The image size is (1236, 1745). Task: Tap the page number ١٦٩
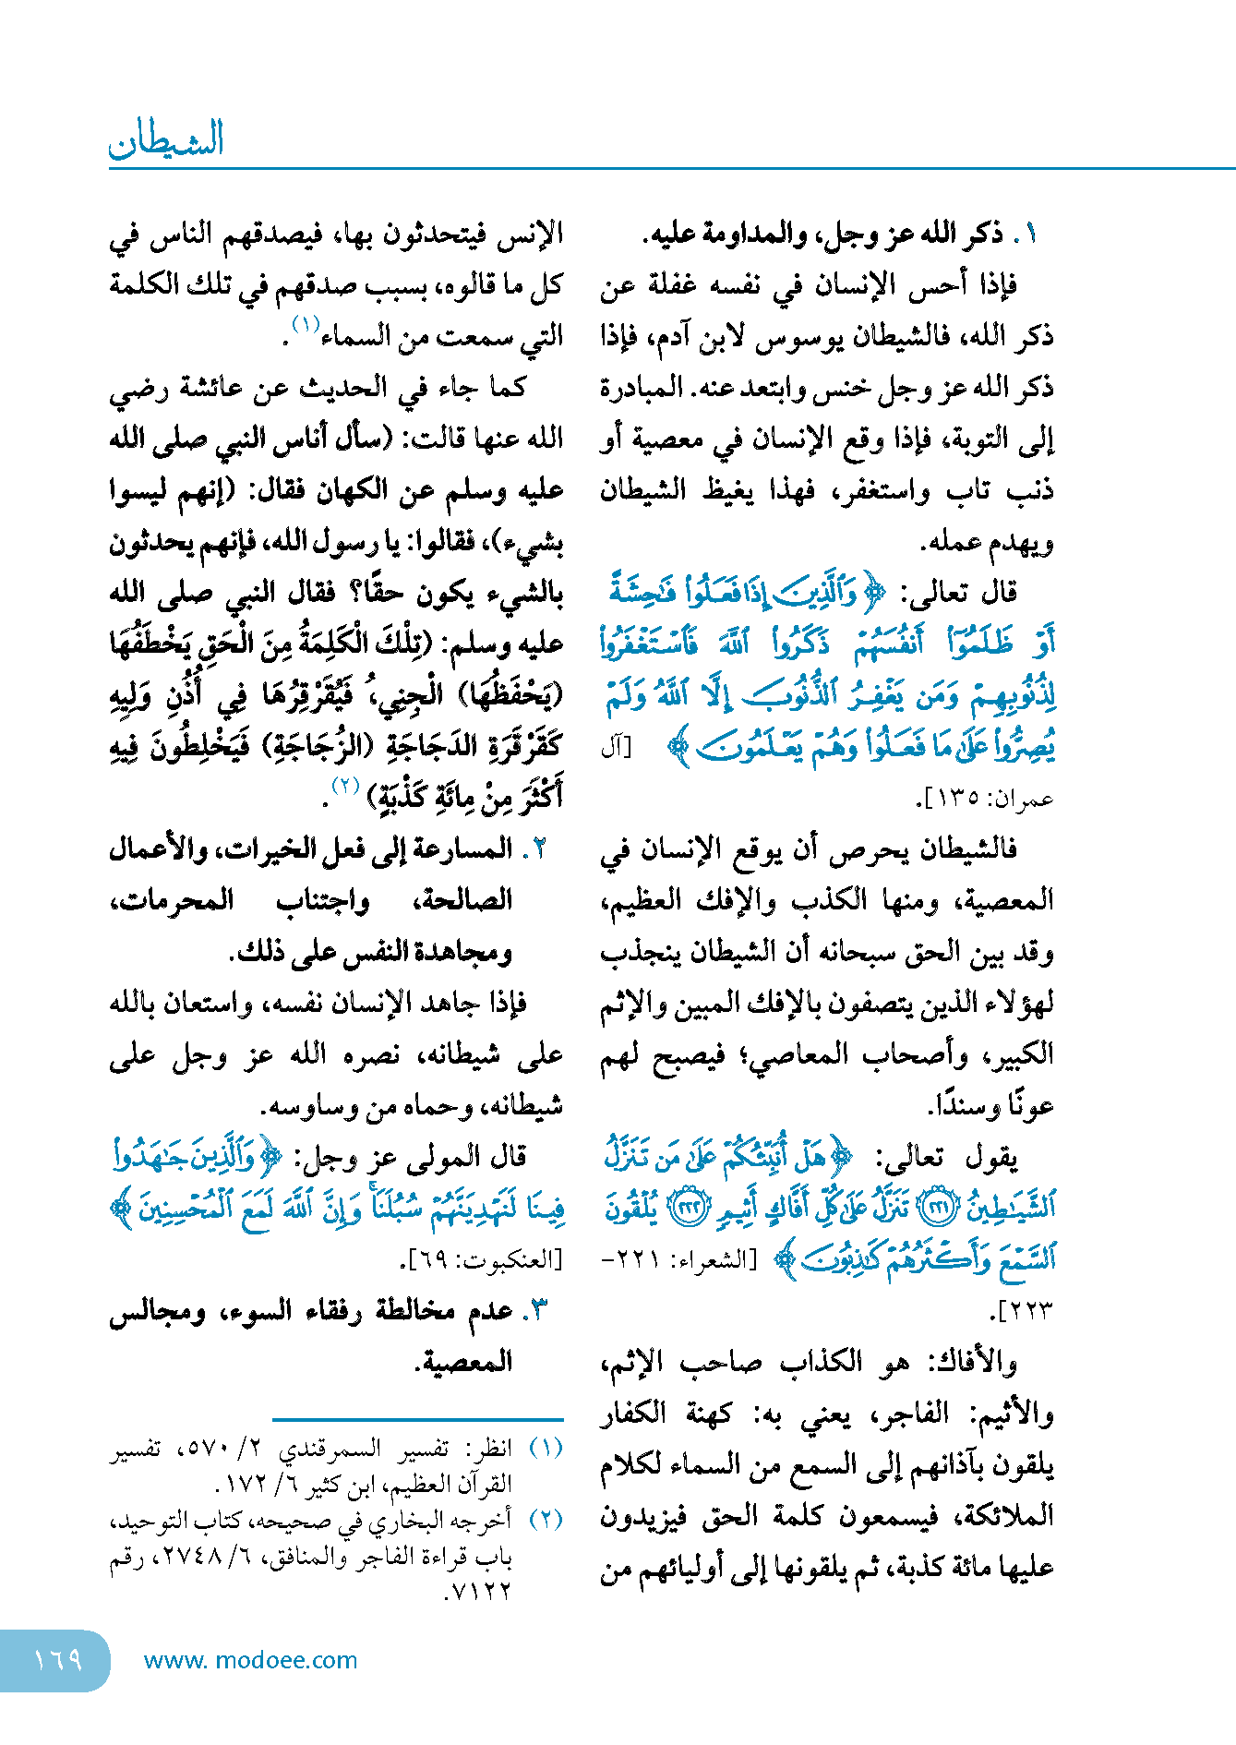pos(57,1660)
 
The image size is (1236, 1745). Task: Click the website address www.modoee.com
pos(250,1660)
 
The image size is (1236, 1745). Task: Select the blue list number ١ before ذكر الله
pos(1030,235)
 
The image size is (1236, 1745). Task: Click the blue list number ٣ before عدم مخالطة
pos(536,1310)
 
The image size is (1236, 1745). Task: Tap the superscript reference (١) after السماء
pos(306,325)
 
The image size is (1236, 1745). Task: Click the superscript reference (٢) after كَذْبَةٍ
pos(344,786)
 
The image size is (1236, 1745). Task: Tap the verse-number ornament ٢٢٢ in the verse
pos(686,1206)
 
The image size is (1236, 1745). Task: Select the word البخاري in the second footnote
pos(401,1520)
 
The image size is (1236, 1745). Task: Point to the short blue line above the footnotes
pos(417,1418)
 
